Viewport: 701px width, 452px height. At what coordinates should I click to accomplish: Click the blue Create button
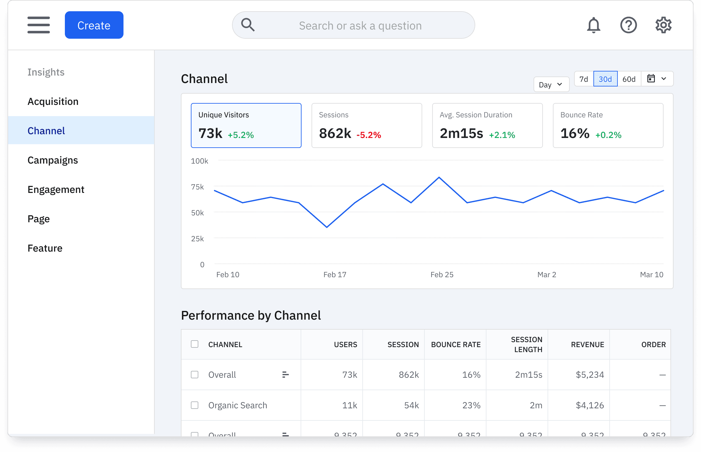94,25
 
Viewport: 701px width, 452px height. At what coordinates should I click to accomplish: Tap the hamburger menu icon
39,25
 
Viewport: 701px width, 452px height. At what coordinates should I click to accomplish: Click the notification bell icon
593,25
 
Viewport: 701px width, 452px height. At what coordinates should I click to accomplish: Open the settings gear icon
663,25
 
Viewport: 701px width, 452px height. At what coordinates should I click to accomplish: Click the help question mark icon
628,25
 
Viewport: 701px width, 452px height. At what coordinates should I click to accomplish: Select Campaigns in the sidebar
53,160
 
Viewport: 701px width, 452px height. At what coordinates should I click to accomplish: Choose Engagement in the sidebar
56,189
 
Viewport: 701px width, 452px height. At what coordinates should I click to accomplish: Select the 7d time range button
583,79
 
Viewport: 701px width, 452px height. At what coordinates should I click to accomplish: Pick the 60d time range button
629,79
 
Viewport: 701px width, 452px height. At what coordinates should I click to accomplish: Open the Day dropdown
551,85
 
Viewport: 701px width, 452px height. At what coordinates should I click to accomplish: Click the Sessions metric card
366,125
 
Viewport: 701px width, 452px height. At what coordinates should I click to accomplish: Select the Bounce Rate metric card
608,125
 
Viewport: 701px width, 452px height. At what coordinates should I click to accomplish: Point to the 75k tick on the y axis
197,187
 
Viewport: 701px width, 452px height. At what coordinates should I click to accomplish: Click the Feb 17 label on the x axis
335,275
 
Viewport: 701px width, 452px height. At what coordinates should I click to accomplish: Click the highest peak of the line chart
439,177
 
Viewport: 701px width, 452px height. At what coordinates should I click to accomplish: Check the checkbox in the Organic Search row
195,405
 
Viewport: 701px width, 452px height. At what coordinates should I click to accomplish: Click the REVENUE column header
587,345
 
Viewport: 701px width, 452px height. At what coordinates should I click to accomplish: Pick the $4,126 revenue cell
590,405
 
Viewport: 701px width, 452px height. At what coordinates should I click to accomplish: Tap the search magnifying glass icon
248,25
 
